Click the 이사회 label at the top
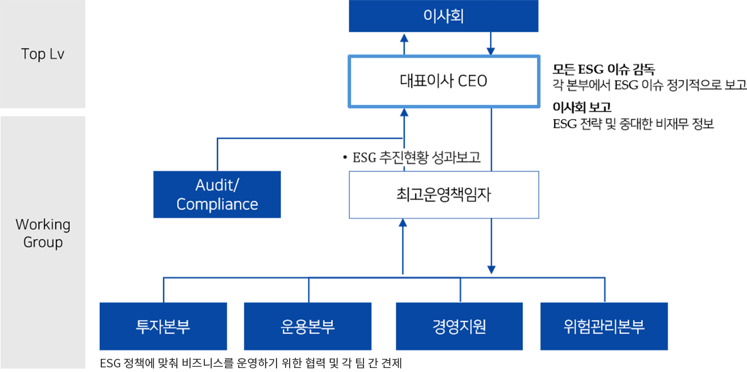pyautogui.click(x=443, y=16)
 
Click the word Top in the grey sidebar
pyautogui.click(x=33, y=54)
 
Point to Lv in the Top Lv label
pyautogui.click(x=56, y=54)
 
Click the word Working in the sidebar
pyautogui.click(x=43, y=224)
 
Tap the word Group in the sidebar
pyautogui.click(x=43, y=242)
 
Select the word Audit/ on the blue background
pyautogui.click(x=217, y=185)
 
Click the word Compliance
pyautogui.click(x=217, y=204)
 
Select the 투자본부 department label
pyautogui.click(x=163, y=327)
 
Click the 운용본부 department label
pyautogui.click(x=308, y=327)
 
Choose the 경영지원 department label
pyautogui.click(x=459, y=327)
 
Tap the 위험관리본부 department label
pyautogui.click(x=604, y=327)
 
